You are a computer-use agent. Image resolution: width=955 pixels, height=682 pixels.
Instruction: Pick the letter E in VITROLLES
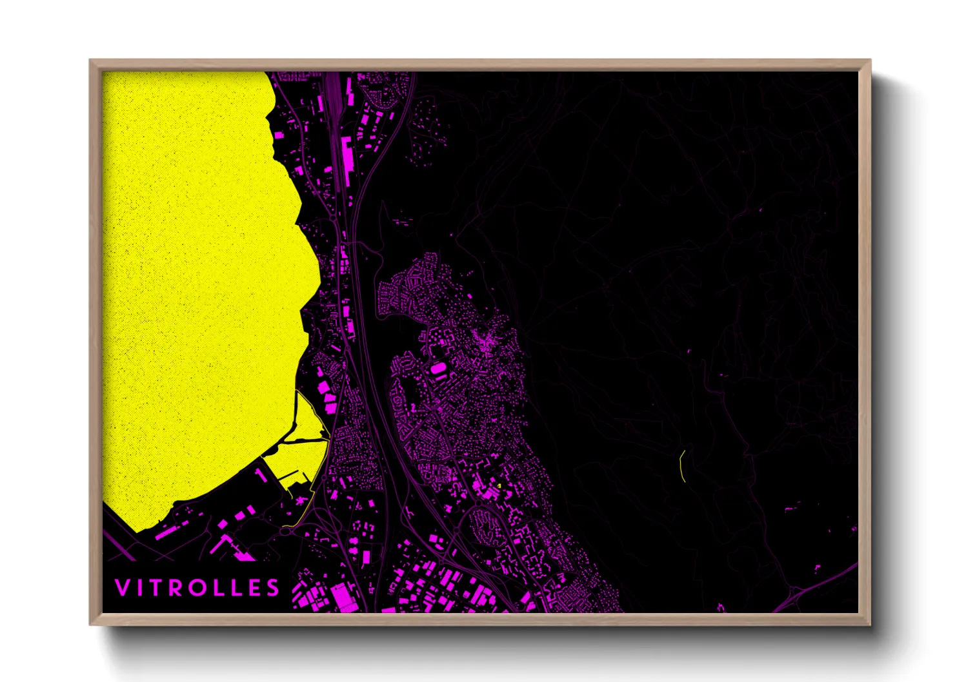255,587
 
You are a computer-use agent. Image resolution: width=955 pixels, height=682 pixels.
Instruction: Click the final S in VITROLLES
274,587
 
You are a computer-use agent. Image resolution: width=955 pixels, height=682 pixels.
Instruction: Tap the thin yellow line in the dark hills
682,465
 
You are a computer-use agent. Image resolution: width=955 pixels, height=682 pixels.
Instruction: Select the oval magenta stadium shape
438,368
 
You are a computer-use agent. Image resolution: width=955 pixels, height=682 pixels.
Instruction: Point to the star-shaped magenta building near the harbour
301,500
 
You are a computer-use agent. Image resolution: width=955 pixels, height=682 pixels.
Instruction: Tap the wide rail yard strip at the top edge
333,87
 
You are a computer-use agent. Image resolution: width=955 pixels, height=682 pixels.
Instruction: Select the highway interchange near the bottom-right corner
797,590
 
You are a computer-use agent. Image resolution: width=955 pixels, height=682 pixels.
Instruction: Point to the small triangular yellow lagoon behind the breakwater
310,419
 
